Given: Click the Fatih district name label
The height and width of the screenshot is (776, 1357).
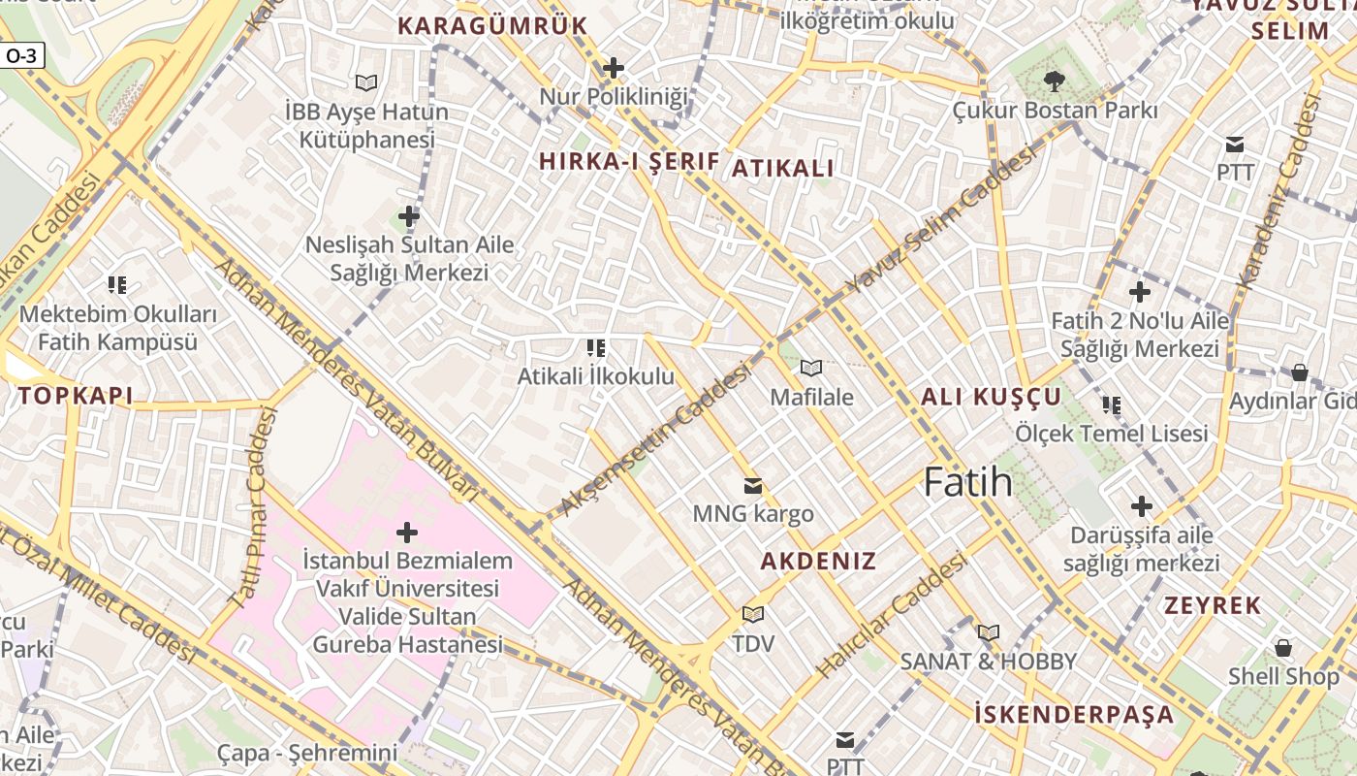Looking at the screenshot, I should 967,482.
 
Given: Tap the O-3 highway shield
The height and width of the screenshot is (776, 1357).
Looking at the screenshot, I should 21,56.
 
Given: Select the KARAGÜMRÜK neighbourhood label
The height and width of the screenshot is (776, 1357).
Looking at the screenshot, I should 493,26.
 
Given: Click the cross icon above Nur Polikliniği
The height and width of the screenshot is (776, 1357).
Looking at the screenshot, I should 613,68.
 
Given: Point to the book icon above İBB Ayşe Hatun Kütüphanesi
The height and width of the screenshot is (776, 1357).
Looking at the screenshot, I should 365,83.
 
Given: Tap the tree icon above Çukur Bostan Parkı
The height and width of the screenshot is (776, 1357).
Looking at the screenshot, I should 1054,81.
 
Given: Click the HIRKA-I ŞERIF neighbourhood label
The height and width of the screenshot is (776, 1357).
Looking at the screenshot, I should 628,162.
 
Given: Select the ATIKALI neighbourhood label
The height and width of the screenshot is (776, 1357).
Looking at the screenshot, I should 782,169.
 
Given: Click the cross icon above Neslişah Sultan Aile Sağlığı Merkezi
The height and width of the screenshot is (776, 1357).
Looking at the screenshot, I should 409,215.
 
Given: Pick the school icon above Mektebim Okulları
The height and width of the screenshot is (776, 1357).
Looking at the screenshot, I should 117,285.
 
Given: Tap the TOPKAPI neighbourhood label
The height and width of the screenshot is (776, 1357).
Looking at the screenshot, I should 75,396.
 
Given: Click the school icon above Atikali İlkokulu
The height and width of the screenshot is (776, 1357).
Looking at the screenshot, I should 596,347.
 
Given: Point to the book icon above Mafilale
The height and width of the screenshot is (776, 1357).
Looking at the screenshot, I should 811,368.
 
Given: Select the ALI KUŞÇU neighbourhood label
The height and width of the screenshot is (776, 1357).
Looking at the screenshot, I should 991,397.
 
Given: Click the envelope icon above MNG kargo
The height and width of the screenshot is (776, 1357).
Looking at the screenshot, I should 752,486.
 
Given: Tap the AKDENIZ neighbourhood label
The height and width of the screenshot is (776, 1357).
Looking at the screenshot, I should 818,562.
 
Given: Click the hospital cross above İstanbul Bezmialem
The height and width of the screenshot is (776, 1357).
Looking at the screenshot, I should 407,533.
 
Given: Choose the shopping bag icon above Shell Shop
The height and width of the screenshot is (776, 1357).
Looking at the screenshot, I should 1283,647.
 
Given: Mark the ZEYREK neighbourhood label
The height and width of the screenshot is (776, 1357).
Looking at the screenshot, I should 1213,606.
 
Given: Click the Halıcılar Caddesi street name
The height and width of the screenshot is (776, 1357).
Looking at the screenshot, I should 893,615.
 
